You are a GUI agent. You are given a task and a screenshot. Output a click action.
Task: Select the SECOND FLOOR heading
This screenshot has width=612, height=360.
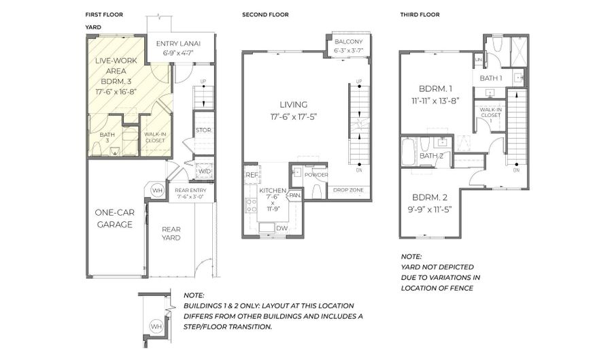[x=265, y=14]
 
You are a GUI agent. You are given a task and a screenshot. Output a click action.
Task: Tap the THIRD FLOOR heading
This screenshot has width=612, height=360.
[x=419, y=14]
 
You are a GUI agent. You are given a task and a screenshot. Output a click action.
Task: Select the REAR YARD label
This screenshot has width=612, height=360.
[x=171, y=233]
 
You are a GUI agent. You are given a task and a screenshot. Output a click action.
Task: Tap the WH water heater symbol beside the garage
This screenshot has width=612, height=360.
[x=156, y=190]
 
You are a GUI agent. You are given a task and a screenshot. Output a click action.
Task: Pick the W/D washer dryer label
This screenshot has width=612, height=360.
[x=204, y=171]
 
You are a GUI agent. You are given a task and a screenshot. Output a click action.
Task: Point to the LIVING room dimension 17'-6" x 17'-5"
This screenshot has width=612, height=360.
[x=293, y=116]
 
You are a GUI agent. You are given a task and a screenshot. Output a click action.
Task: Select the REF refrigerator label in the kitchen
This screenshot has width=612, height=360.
[x=251, y=175]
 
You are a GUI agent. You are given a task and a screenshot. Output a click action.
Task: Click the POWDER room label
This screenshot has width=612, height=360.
[x=316, y=175]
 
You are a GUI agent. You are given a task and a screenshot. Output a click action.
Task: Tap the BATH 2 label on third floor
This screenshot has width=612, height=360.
[x=431, y=156]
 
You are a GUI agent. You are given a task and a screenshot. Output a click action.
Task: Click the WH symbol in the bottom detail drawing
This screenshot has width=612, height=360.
[x=156, y=327]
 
